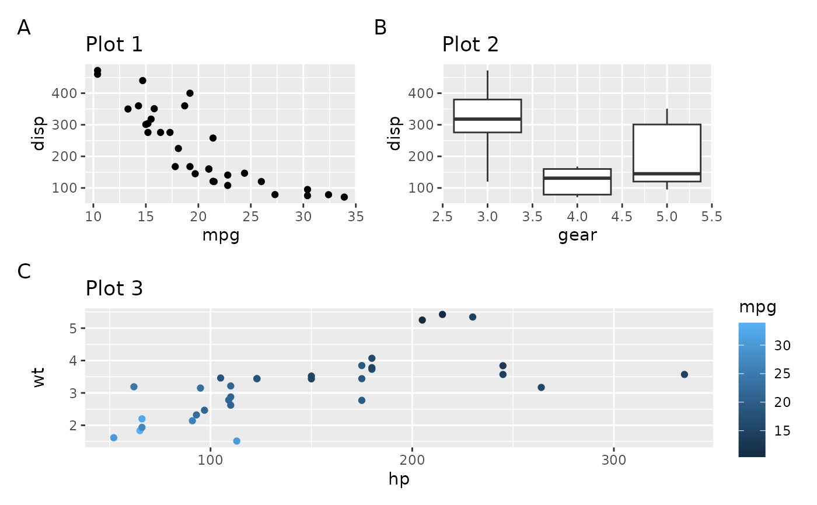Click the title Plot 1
pyautogui.click(x=114, y=44)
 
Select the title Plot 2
pyautogui.click(x=470, y=44)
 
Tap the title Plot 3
pyautogui.click(x=114, y=288)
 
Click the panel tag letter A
pyautogui.click(x=24, y=27)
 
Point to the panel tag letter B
pyautogui.click(x=380, y=27)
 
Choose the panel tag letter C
pyautogui.click(x=24, y=271)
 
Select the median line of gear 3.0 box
pyautogui.click(x=487, y=119)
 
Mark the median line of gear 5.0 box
pyautogui.click(x=666, y=173)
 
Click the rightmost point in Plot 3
pyautogui.click(x=685, y=374)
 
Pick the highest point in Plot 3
pyautogui.click(x=442, y=315)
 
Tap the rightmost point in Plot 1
pyautogui.click(x=344, y=197)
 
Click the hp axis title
pyautogui.click(x=399, y=479)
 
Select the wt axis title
pyautogui.click(x=39, y=377)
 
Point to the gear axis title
pyautogui.click(x=577, y=235)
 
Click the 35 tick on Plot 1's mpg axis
pyautogui.click(x=356, y=217)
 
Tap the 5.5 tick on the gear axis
pyautogui.click(x=711, y=217)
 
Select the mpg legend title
pyautogui.click(x=757, y=307)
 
